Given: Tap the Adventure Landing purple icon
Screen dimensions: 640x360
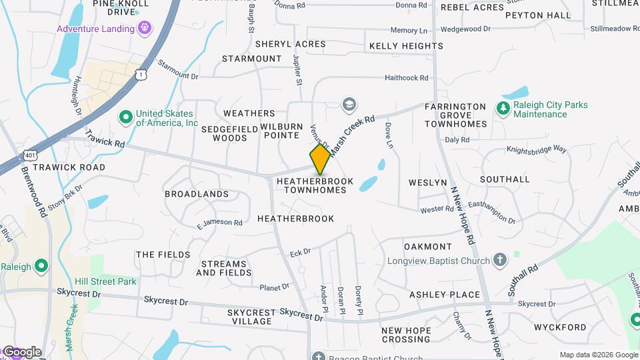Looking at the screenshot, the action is (145, 29).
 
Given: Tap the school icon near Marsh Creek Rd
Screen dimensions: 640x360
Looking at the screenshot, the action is (348, 105).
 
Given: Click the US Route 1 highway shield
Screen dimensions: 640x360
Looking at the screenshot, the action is (141, 75).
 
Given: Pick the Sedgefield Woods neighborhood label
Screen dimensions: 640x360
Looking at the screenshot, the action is (230, 133).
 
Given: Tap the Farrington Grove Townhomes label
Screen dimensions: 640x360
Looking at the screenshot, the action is (455, 115).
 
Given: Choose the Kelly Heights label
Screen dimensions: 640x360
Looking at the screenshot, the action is (406, 46).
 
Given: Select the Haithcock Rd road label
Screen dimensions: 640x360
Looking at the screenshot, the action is (406, 78).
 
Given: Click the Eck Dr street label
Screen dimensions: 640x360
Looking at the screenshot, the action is (301, 253).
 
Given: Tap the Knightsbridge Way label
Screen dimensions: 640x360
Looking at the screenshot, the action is (536, 150).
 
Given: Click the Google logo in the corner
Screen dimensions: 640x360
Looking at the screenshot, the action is (21, 352).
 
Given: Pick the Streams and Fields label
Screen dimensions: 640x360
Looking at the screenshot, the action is (224, 268).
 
